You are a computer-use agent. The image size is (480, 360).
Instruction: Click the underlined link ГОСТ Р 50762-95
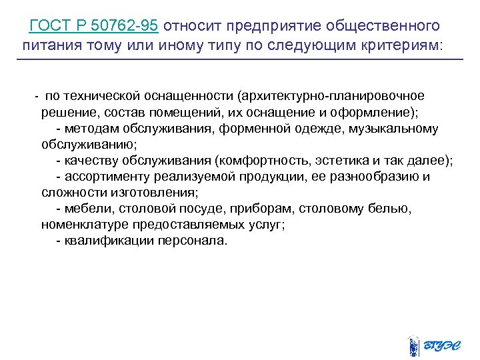click(x=94, y=26)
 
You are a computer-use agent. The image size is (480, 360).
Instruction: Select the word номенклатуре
click(x=85, y=225)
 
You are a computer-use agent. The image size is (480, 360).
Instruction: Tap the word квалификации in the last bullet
click(x=108, y=241)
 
